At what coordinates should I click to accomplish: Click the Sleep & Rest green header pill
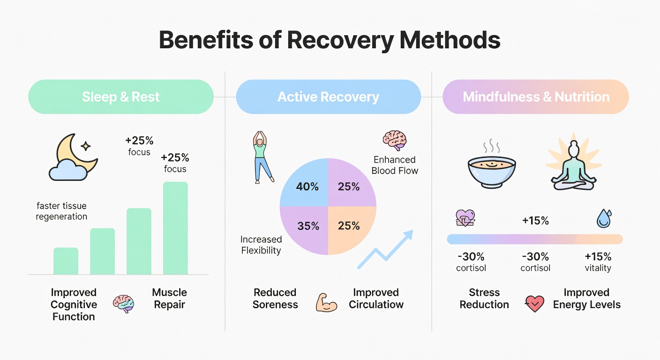tap(121, 97)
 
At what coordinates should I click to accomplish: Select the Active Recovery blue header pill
tap(328, 97)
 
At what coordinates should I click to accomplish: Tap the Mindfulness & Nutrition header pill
tap(536, 97)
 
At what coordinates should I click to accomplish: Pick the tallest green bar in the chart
tap(175, 228)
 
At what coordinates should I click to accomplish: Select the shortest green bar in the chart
tap(66, 261)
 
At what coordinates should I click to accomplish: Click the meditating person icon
tap(573, 165)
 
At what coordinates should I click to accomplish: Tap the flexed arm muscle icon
tap(326, 302)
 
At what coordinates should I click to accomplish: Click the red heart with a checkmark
tap(534, 303)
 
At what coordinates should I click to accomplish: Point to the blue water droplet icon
tap(604, 218)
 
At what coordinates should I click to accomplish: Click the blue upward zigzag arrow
tap(385, 249)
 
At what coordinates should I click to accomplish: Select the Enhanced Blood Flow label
tap(395, 165)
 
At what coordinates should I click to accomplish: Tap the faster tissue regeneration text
tap(61, 211)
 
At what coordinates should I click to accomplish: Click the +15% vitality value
tap(598, 262)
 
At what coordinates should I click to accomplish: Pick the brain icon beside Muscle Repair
tap(123, 304)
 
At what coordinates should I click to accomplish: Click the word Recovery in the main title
tap(340, 40)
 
